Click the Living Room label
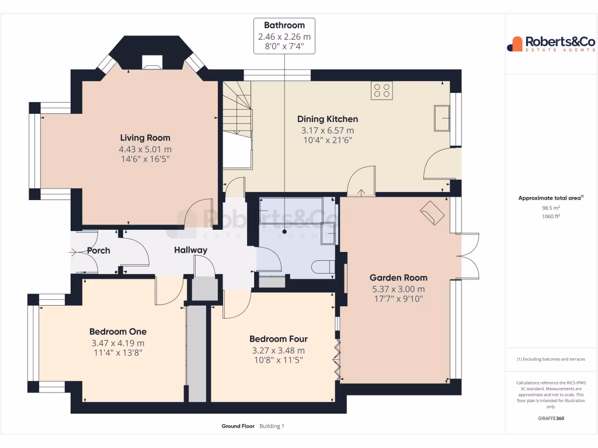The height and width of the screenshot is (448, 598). (145, 138)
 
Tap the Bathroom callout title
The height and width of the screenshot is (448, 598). (284, 25)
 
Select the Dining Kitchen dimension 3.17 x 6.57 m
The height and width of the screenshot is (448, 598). (327, 130)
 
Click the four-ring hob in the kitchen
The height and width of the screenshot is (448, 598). (382, 90)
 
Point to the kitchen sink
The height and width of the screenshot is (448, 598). (441, 118)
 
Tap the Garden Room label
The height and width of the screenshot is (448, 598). (398, 278)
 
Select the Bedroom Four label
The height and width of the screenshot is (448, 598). (278, 339)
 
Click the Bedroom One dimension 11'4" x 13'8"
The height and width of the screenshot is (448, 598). (117, 352)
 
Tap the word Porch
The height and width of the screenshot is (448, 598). (98, 251)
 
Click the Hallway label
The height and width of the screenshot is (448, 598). (190, 250)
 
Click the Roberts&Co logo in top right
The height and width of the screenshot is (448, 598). (551, 44)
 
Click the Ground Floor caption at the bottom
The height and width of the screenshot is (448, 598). (238, 426)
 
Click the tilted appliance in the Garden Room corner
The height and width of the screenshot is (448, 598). (432, 212)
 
